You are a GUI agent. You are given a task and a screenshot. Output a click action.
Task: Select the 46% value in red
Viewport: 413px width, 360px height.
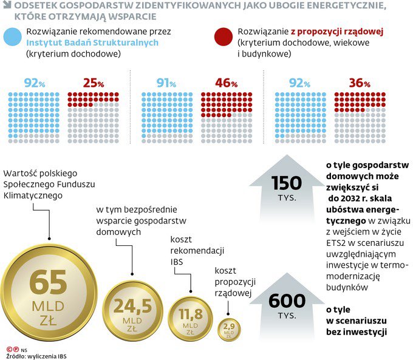225,83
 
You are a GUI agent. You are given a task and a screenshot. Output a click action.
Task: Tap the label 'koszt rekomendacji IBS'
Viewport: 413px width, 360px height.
188,250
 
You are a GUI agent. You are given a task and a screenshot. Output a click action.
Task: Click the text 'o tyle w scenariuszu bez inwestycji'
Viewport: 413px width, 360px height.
356,321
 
